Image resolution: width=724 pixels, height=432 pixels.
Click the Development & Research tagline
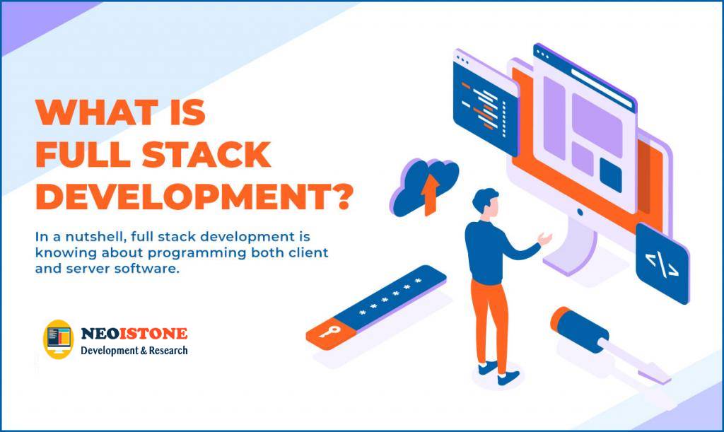coord(134,350)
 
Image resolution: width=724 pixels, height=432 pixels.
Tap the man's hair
coord(485,197)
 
